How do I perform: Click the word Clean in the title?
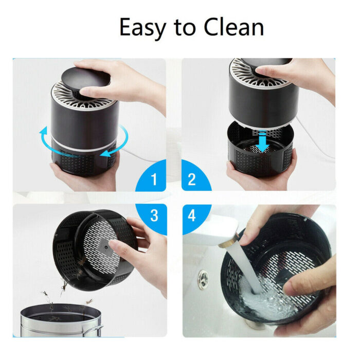[233, 27]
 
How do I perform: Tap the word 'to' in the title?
[185, 28]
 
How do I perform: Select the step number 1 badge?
[151, 176]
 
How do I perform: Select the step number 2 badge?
[196, 176]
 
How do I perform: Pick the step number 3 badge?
[151, 219]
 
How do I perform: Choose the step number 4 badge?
[196, 219]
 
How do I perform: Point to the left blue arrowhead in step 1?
[43, 131]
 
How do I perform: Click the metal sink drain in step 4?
[203, 279]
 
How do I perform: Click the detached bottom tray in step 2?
[261, 149]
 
